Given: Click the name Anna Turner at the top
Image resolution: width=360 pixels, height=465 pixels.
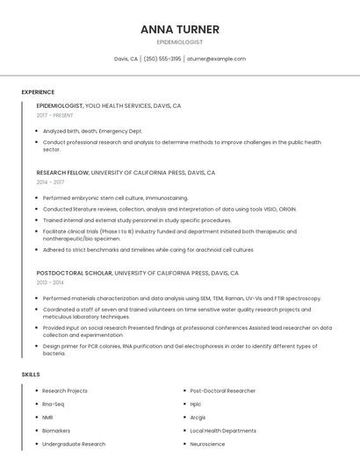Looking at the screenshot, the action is tap(179, 29).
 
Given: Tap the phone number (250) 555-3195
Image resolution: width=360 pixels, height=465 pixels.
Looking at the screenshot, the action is tap(162, 59).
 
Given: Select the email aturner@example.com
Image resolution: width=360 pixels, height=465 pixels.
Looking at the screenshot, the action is tap(217, 59).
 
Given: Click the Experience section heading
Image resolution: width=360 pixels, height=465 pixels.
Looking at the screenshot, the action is tap(38, 92).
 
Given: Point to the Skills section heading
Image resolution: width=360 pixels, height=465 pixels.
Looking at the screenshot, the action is tap(31, 375).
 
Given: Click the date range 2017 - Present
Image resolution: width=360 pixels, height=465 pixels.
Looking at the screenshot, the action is tap(55, 115).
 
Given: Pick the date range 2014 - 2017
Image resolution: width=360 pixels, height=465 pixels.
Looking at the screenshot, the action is tap(50, 182).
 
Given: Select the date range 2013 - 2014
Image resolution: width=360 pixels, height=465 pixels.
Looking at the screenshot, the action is tap(50, 283).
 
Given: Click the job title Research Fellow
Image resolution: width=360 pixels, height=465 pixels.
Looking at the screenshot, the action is tap(62, 173).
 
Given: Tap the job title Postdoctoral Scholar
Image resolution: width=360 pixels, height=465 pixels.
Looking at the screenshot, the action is tap(74, 273).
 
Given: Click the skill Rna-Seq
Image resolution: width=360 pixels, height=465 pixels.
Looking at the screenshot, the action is tap(53, 404).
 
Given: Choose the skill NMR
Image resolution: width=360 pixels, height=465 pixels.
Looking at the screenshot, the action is tap(47, 417).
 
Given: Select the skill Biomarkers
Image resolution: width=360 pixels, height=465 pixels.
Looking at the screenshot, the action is tap(56, 431).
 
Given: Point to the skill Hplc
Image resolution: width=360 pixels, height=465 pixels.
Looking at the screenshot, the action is tap(196, 404).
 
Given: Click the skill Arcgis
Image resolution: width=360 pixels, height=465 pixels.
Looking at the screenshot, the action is tap(198, 417).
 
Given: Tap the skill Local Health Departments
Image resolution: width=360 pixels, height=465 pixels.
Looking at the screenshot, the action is tap(223, 431).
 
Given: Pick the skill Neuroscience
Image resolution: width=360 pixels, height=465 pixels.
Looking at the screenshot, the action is tap(207, 444).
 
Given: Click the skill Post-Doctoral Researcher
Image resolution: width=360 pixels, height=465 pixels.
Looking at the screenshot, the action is tap(223, 390).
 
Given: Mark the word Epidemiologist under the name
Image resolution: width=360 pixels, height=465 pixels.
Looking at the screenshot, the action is tap(179, 42).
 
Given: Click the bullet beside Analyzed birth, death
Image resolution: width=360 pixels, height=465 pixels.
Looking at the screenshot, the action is tap(38, 131).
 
